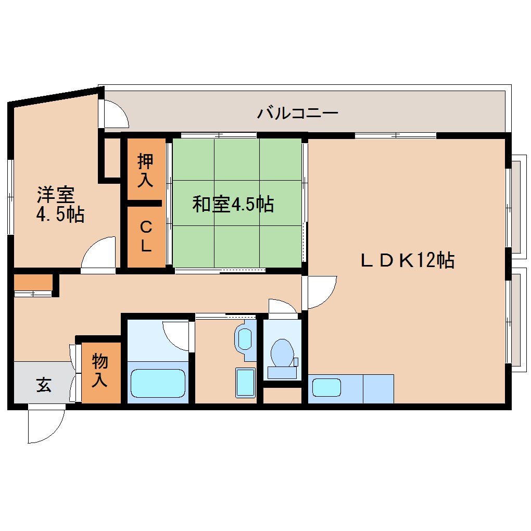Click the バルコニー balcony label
click(x=298, y=112)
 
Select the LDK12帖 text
click(x=408, y=259)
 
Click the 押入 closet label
click(x=145, y=170)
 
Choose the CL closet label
click(x=146, y=236)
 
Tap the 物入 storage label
click(x=99, y=370)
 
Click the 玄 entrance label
click(x=44, y=386)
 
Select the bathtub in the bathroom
click(x=158, y=384)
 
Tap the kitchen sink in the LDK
click(x=326, y=387)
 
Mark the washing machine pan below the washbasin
click(x=245, y=383)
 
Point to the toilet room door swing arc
click(x=282, y=307)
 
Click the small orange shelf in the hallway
click(x=32, y=283)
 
